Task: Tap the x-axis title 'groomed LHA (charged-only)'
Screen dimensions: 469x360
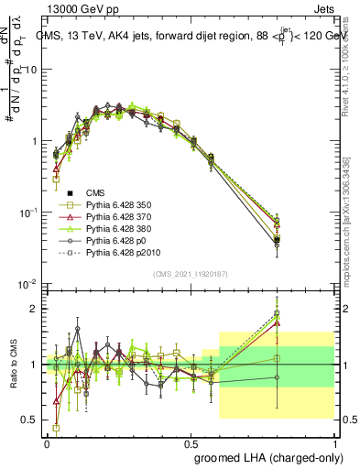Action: click(x=267, y=456)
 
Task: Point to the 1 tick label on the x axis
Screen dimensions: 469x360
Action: click(x=333, y=442)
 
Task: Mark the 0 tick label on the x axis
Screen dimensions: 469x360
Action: click(x=47, y=442)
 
